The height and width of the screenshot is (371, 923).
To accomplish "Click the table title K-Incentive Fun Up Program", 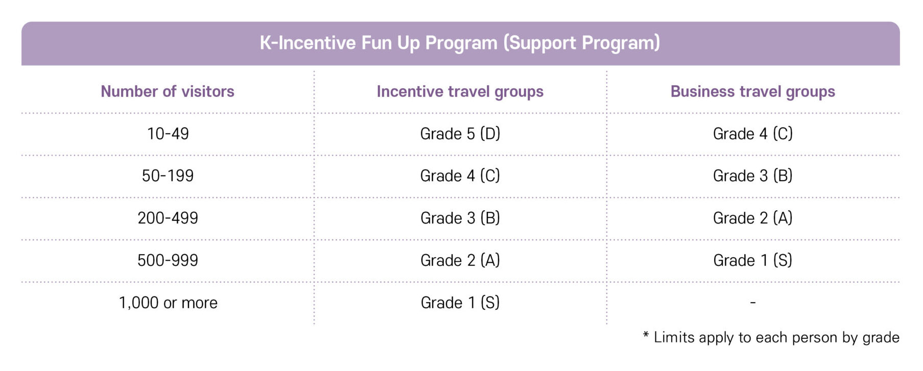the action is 460,43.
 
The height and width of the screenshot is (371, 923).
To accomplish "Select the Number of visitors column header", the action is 168,91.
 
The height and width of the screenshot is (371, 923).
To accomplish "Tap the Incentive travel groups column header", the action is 460,92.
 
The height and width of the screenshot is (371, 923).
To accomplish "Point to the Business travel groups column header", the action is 753,92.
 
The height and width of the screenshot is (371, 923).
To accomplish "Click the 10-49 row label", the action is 168,134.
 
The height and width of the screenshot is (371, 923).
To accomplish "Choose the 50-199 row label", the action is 168,176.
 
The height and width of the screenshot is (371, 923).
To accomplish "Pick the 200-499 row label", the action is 168,218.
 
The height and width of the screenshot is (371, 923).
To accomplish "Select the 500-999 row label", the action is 168,260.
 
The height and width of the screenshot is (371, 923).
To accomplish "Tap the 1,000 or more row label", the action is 168,303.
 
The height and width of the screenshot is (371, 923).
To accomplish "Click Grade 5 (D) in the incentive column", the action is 460,134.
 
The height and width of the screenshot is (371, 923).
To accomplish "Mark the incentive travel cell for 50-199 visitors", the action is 460,176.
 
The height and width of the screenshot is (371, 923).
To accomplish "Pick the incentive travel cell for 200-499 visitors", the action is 460,218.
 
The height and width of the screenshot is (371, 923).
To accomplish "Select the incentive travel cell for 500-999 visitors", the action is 460,260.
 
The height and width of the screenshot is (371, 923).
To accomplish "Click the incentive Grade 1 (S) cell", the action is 460,303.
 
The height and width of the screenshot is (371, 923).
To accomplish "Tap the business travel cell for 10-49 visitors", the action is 753,134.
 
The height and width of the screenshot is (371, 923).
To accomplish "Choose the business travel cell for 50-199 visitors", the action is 753,176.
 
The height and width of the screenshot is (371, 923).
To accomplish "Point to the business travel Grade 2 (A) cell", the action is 753,218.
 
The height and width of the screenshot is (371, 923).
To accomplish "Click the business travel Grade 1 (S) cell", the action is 753,260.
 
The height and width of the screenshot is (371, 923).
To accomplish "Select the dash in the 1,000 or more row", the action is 753,303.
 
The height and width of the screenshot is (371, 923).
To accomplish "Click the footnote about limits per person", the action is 771,337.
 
